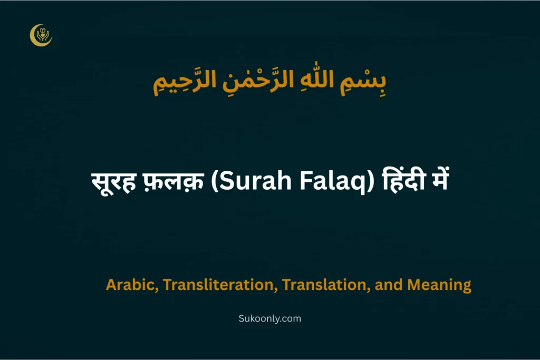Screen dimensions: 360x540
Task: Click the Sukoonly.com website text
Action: pyautogui.click(x=269, y=318)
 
